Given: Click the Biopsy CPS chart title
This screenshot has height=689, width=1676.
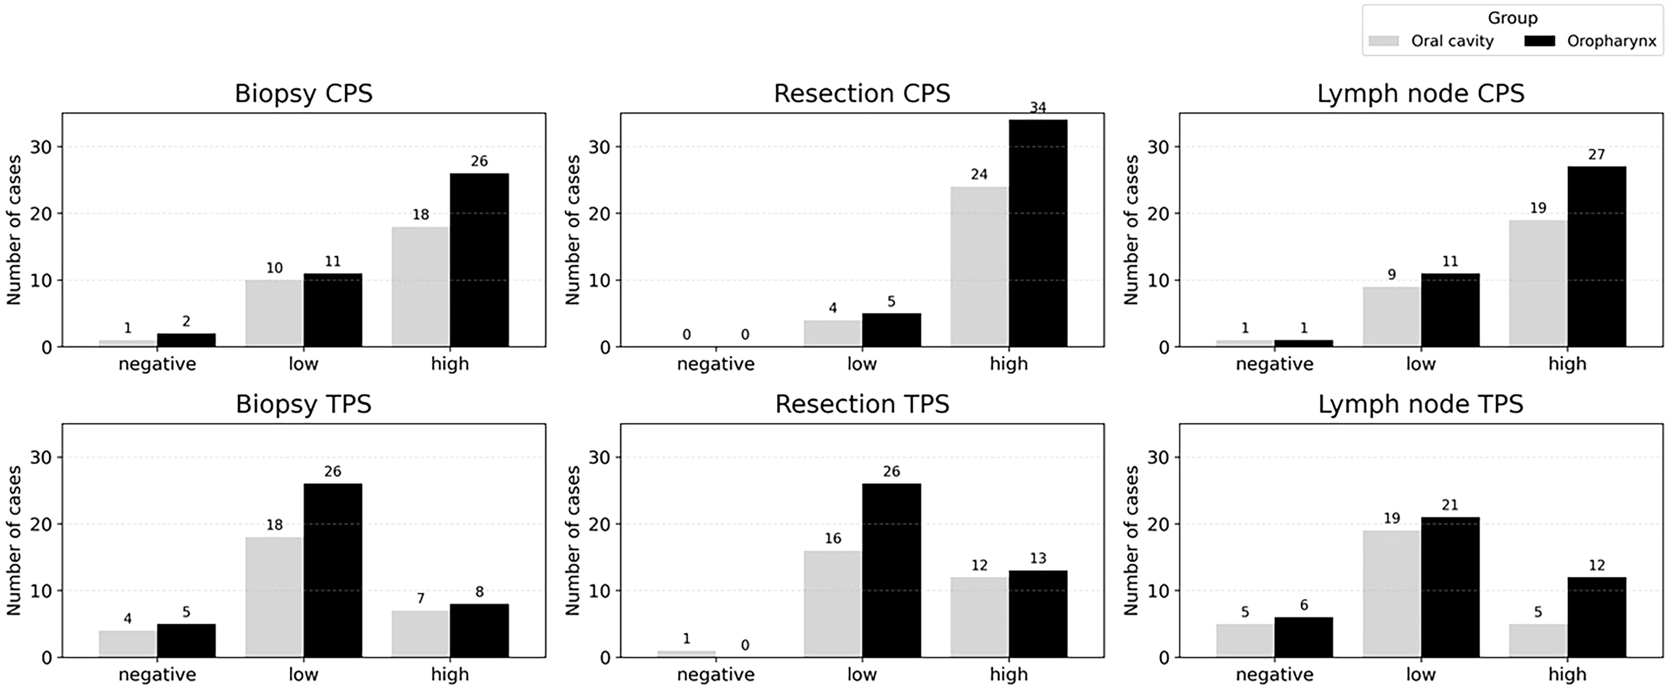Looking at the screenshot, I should pyautogui.click(x=303, y=94).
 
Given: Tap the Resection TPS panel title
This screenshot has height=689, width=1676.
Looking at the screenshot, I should pyautogui.click(x=862, y=404).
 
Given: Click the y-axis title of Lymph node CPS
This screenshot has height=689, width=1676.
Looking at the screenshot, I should pyautogui.click(x=1132, y=230).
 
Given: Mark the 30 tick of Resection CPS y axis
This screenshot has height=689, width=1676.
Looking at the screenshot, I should pyautogui.click(x=599, y=147).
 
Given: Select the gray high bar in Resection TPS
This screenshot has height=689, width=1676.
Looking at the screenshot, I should pyautogui.click(x=979, y=618).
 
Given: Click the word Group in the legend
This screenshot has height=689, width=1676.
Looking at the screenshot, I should pyautogui.click(x=1512, y=18).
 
